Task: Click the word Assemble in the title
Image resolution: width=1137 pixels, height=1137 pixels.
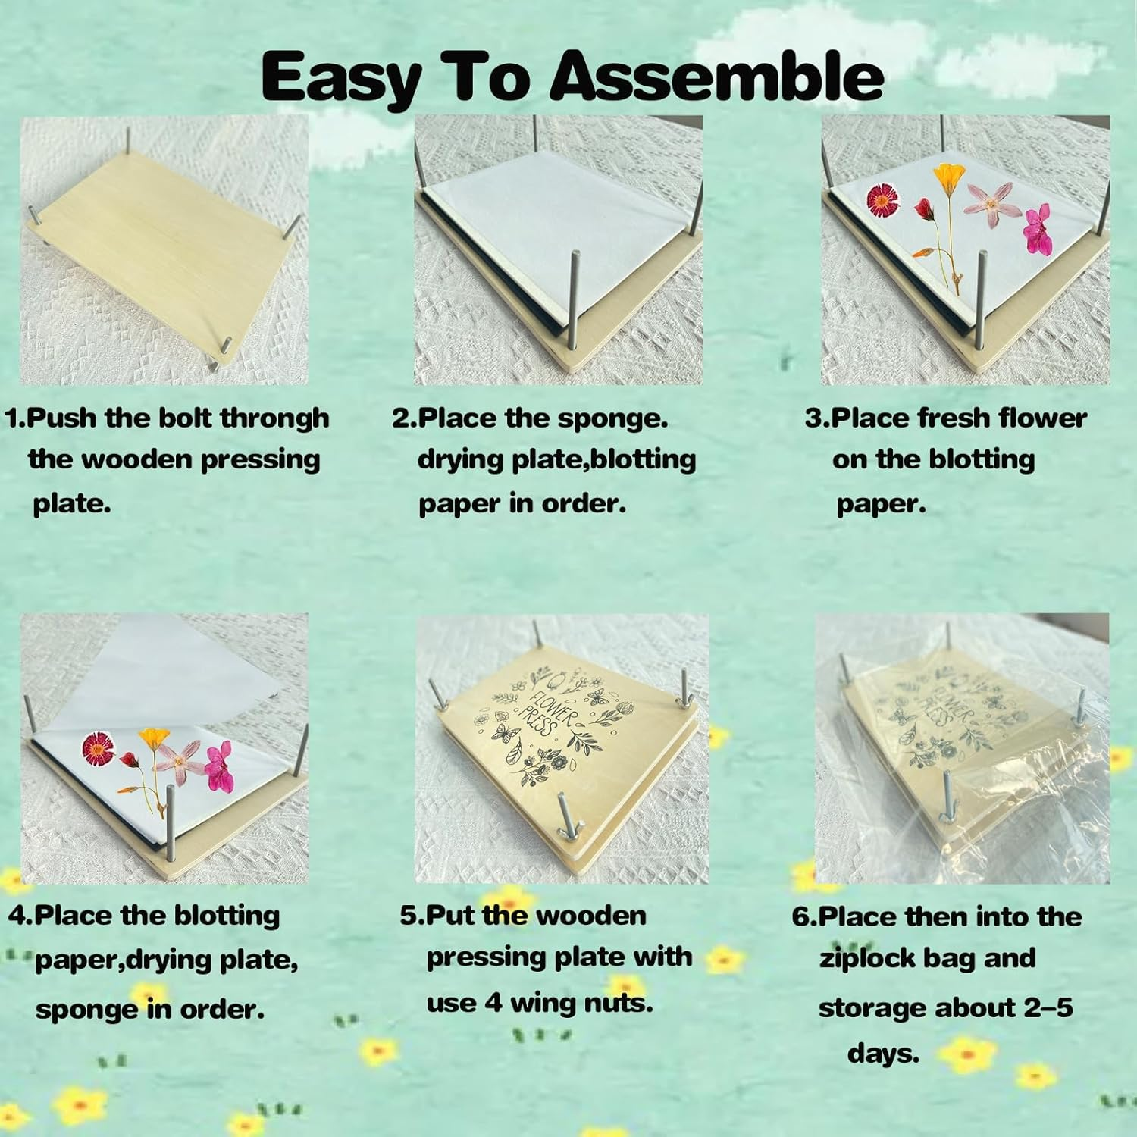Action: coord(716,76)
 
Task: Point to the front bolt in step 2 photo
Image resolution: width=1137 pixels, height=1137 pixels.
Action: coord(576,303)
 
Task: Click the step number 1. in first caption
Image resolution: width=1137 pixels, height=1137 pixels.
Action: coord(15,418)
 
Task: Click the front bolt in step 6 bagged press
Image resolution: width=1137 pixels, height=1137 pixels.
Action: coord(947,803)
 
